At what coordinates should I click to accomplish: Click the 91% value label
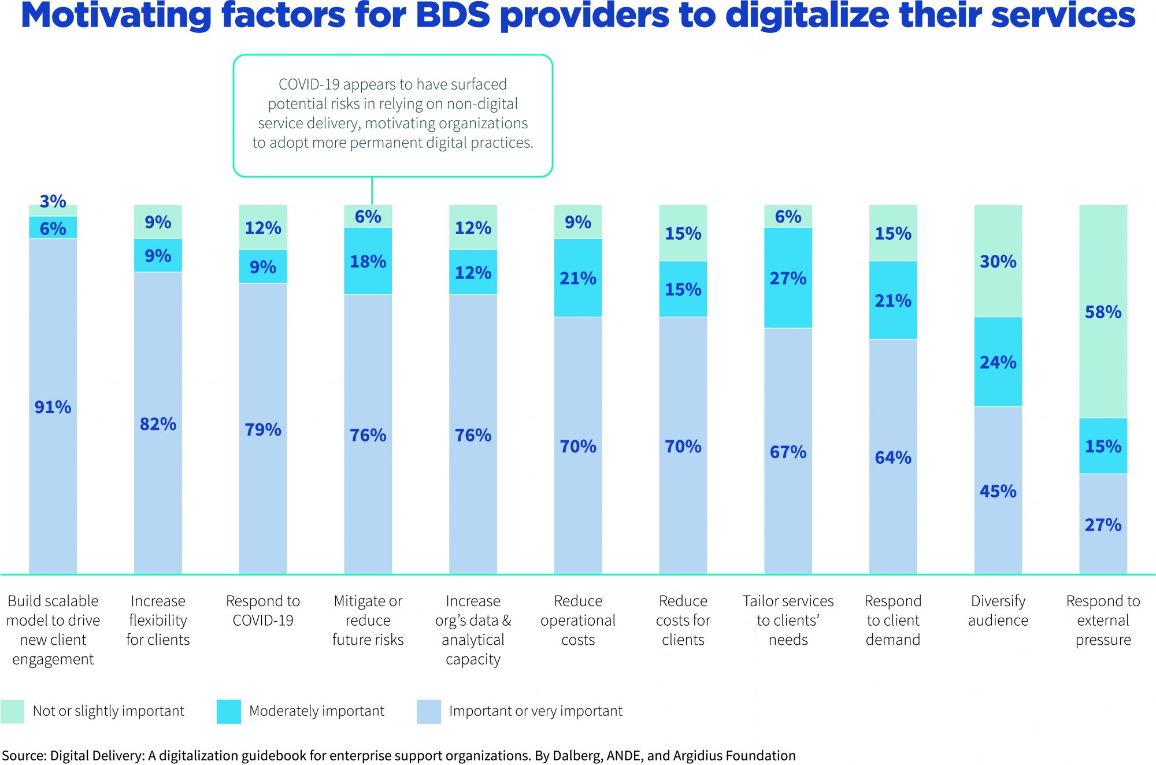point(53,407)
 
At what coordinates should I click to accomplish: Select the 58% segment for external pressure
point(1103,312)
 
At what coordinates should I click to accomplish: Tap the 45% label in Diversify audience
point(998,491)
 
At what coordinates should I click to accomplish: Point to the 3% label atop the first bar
point(53,201)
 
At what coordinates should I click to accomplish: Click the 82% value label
point(158,424)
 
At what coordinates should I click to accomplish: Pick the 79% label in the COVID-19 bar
point(263,429)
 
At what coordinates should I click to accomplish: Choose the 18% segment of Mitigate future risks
point(368,262)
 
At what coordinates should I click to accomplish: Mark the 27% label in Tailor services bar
point(788,278)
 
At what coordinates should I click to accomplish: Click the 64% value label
point(893,458)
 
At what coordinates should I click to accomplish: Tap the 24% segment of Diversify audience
point(998,362)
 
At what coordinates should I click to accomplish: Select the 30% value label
point(998,262)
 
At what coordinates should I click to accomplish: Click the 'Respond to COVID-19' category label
point(263,611)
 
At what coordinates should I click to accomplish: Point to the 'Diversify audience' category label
point(998,611)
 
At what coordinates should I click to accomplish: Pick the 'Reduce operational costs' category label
point(578,620)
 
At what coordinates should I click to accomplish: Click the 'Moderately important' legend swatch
point(229,711)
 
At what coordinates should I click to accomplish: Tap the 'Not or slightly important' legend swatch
point(13,711)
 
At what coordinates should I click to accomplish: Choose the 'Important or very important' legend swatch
point(429,711)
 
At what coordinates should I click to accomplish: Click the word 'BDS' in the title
point(453,16)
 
